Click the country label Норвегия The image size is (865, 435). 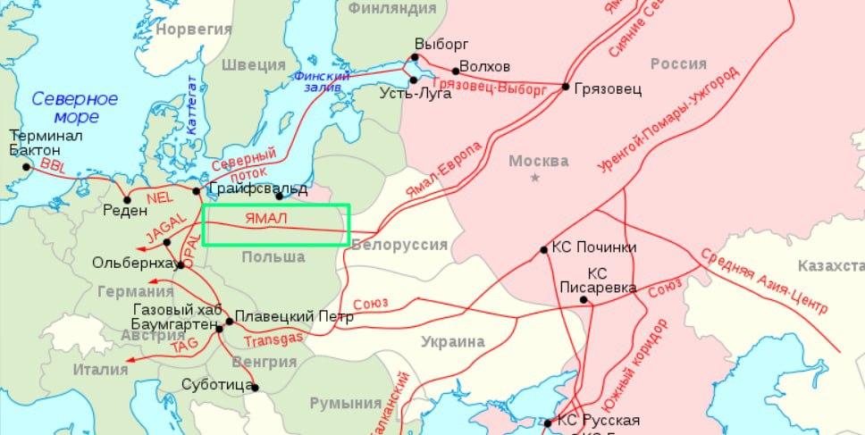click(x=193, y=29)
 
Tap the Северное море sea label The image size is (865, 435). click(x=75, y=107)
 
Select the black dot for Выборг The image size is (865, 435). click(x=415, y=58)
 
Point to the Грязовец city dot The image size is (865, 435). click(x=566, y=87)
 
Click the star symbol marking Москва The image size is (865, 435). click(x=535, y=179)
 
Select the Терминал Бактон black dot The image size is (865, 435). click(x=27, y=166)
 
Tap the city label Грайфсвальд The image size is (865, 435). click(x=257, y=189)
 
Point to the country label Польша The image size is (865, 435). click(x=273, y=257)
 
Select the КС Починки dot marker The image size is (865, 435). click(x=543, y=250)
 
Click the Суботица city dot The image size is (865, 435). click(x=255, y=387)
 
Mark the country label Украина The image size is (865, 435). click(x=454, y=342)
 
